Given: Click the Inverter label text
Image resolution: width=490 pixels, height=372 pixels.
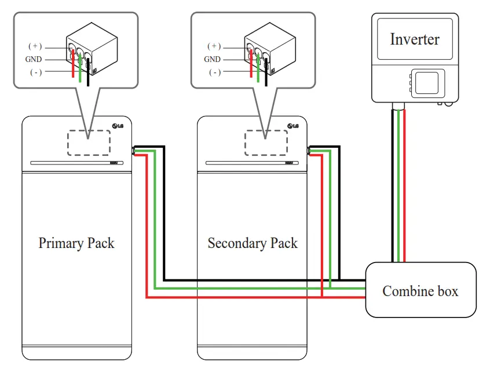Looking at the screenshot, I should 414,39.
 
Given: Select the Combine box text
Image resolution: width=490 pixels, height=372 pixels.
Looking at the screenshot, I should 420,290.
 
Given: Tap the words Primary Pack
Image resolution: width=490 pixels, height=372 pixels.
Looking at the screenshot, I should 76,242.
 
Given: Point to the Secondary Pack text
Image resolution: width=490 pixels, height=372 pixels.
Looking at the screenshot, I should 253,242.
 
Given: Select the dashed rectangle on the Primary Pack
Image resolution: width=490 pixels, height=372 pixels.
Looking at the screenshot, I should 89,143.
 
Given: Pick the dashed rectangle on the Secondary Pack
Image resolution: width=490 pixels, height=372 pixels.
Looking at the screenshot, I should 265,143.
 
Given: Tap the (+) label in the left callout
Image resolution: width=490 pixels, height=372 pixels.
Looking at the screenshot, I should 35,46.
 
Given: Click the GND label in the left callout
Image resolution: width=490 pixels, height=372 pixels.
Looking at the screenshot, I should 34,59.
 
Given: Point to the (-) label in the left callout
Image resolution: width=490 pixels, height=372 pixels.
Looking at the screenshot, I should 35,72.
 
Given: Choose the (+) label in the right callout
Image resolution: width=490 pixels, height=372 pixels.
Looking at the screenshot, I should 214,46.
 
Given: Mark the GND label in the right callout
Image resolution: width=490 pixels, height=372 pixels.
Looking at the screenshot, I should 212,59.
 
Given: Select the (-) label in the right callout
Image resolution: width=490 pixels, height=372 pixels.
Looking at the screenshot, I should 214,72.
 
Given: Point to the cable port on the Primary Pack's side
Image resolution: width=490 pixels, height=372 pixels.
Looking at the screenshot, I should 134,151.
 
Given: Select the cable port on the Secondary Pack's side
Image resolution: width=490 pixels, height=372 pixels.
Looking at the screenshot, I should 309,151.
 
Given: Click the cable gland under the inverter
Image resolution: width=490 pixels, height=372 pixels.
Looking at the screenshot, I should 398,106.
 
